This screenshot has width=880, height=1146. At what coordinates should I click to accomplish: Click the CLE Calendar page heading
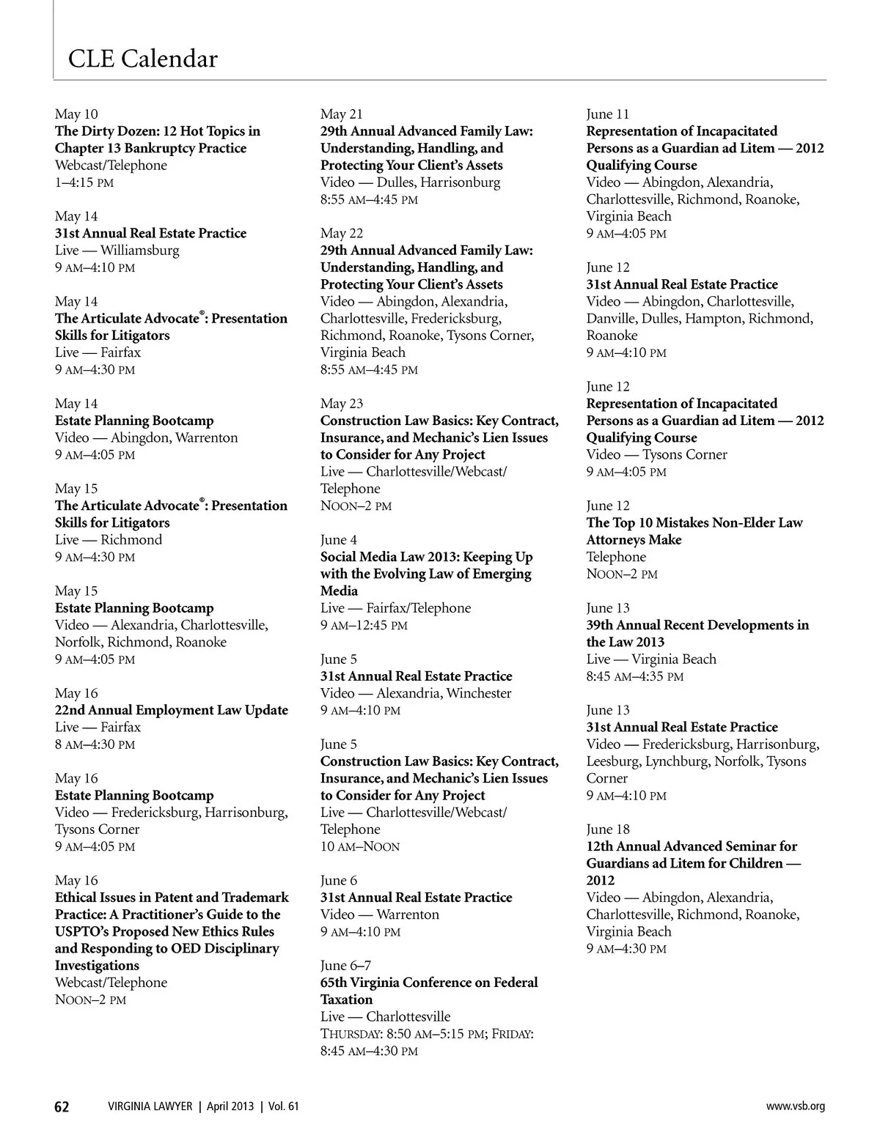[142, 59]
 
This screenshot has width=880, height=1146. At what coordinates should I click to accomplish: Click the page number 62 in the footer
[62, 1106]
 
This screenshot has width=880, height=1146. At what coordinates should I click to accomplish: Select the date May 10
[76, 114]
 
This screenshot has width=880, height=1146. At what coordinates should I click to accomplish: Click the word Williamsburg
[140, 251]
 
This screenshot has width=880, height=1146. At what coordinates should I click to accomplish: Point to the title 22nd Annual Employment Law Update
[171, 710]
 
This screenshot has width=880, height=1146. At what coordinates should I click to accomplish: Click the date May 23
[342, 404]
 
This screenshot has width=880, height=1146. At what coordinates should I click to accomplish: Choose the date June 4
[339, 540]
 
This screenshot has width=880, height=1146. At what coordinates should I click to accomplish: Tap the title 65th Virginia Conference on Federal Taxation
[429, 991]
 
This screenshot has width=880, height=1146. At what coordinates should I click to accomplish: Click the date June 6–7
[345, 966]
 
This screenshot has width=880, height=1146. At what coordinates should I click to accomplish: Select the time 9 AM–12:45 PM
[364, 626]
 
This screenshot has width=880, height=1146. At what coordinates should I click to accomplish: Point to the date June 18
[608, 829]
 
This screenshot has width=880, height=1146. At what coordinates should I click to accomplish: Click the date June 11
[608, 114]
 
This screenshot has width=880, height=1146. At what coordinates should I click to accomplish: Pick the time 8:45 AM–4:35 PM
[634, 676]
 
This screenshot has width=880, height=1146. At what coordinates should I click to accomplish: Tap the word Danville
[612, 319]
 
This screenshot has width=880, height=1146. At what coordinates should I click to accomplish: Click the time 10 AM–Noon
[360, 847]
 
